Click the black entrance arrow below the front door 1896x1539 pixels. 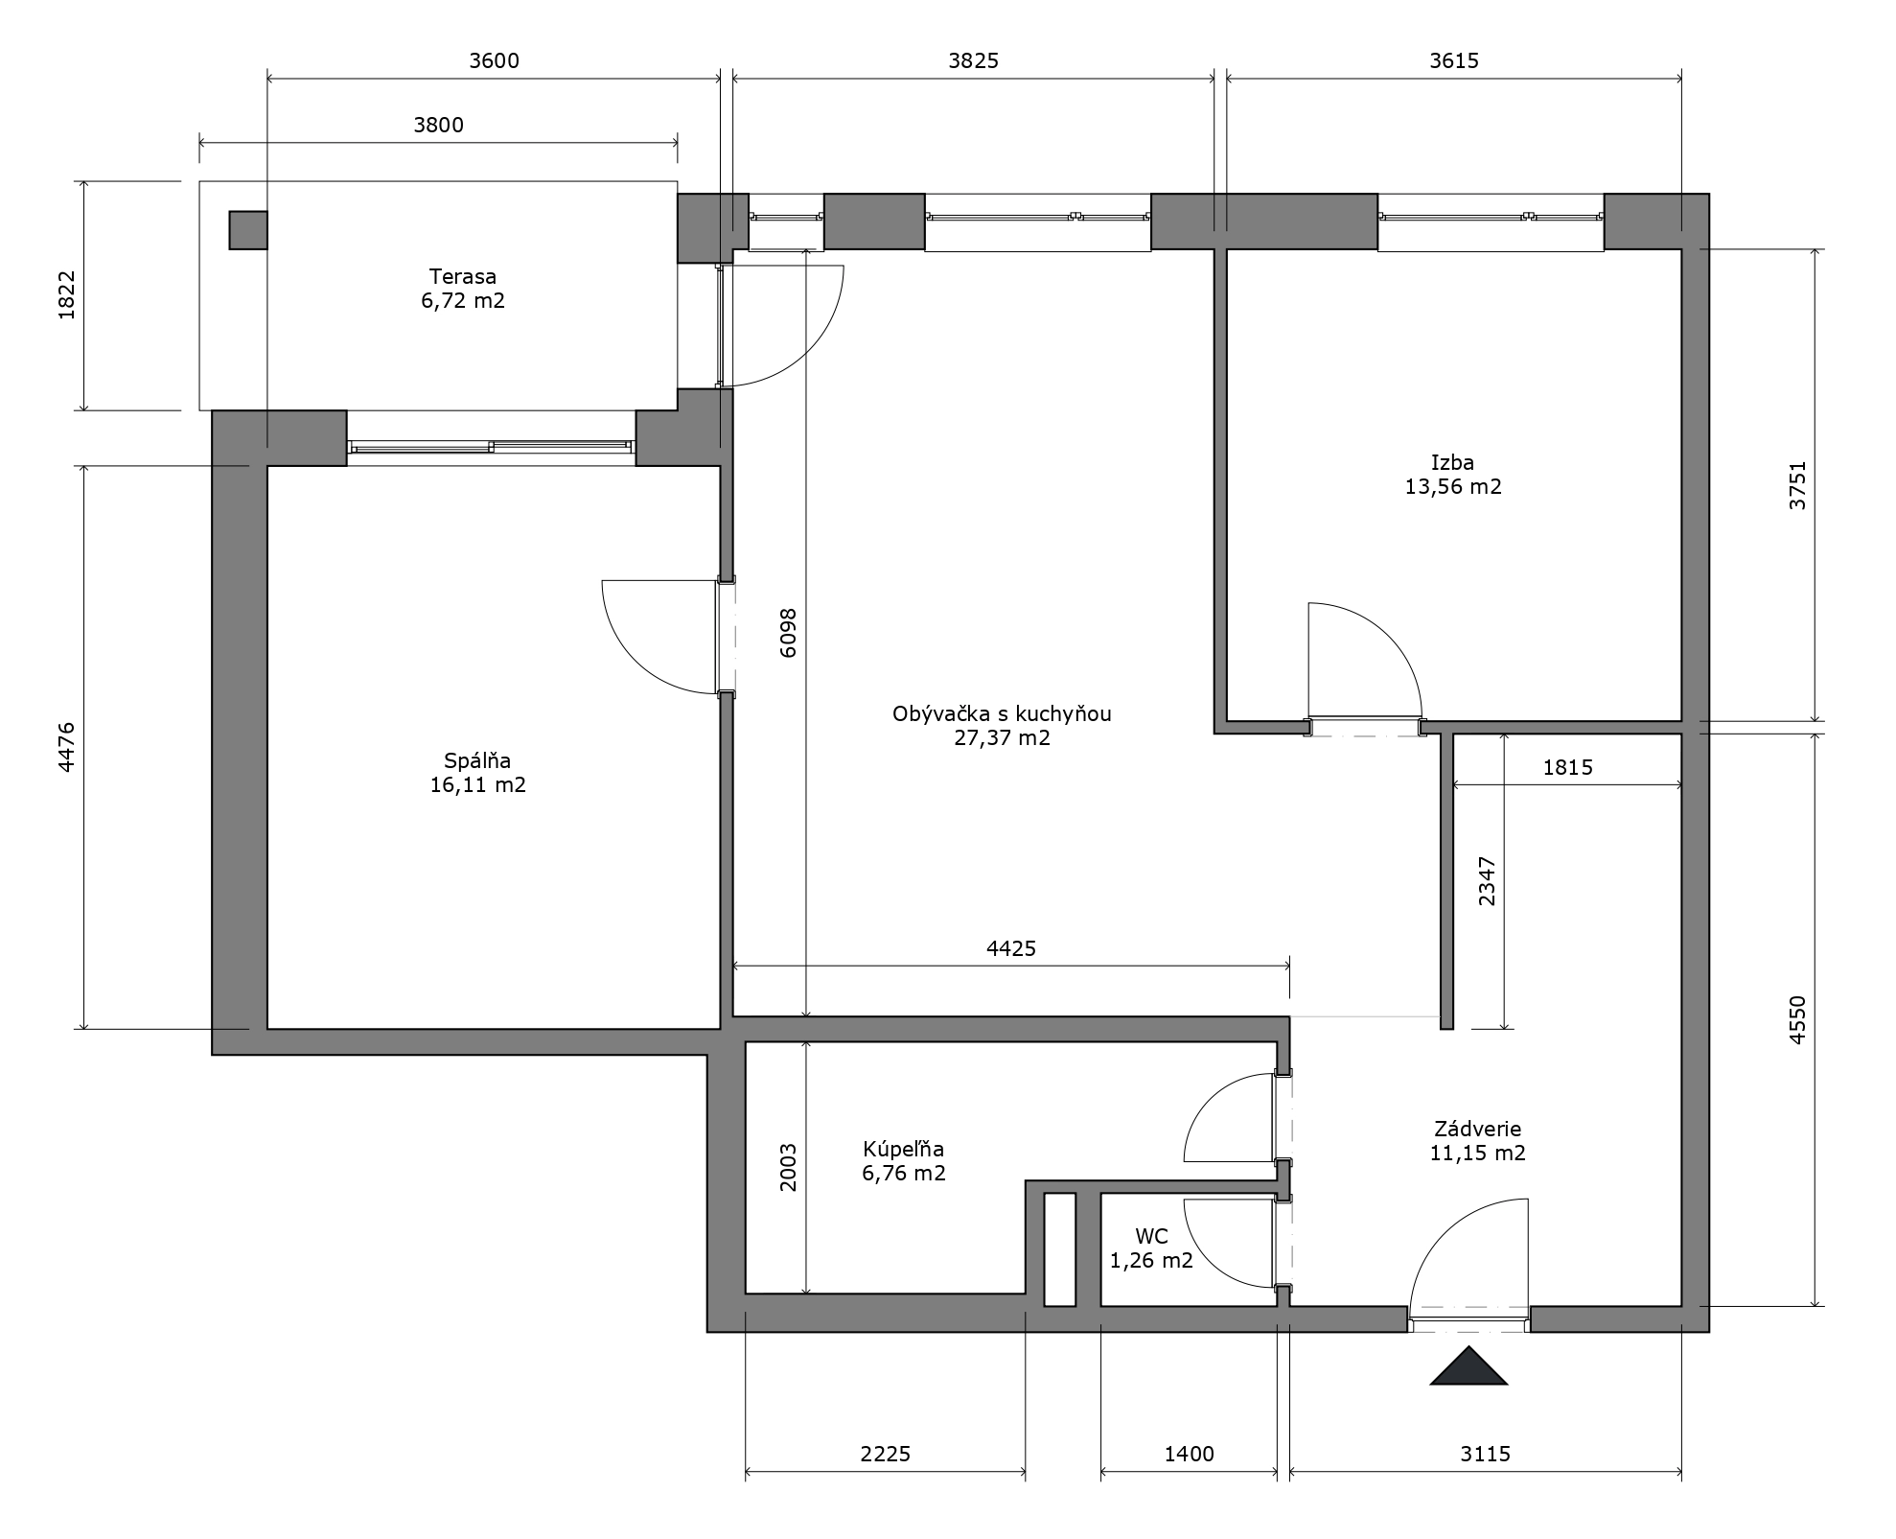click(1468, 1368)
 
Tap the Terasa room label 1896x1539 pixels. click(463, 277)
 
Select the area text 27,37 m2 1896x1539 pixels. click(1002, 737)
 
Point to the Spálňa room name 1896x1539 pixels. click(477, 761)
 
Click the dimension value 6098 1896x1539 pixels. click(788, 633)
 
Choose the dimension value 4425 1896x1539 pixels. click(1011, 948)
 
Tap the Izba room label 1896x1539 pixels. click(1453, 462)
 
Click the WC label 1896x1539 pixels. click(1151, 1237)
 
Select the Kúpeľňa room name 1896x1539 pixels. click(903, 1149)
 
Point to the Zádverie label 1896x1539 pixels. click(1477, 1129)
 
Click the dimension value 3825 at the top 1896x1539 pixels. click(974, 60)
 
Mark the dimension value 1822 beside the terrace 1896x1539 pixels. click(67, 295)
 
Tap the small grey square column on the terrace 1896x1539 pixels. click(248, 230)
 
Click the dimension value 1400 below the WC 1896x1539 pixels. click(1190, 1454)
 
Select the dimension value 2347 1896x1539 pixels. click(1487, 881)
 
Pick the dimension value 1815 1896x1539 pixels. click(1568, 767)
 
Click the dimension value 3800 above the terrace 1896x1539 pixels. click(438, 125)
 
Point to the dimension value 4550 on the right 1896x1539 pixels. click(1797, 1020)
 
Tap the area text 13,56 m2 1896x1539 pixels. click(1453, 486)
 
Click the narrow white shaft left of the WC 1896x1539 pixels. click(1059, 1249)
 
